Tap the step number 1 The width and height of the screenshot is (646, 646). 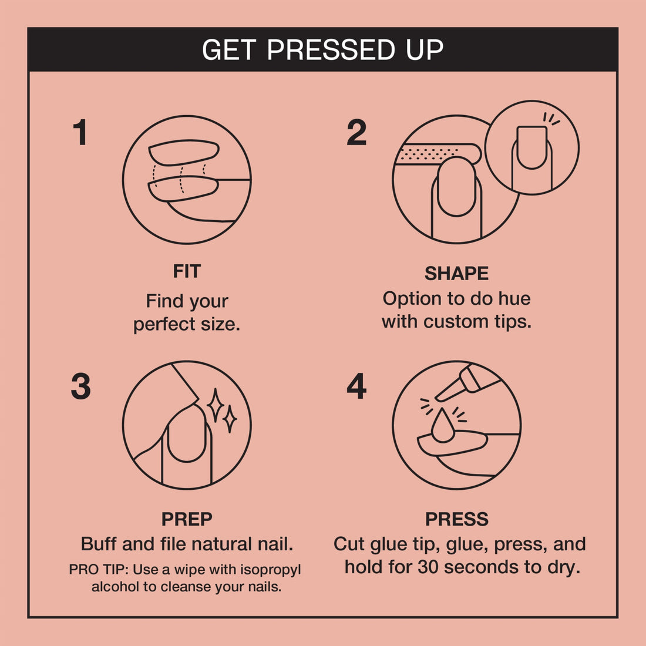click(80, 133)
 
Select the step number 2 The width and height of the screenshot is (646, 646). click(356, 133)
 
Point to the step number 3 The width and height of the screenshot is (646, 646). click(81, 387)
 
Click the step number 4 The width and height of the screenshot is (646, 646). click(356, 387)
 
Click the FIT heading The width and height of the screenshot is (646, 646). click(187, 271)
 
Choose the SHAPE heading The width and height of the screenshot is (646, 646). click(456, 274)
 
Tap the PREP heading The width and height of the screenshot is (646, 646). click(187, 519)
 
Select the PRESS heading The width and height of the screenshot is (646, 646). click(456, 519)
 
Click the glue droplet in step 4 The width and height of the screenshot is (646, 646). click(442, 427)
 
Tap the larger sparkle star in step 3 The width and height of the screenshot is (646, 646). click(216, 405)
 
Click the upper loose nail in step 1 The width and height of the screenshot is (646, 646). click(184, 152)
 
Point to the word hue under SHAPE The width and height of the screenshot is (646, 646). click(514, 298)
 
